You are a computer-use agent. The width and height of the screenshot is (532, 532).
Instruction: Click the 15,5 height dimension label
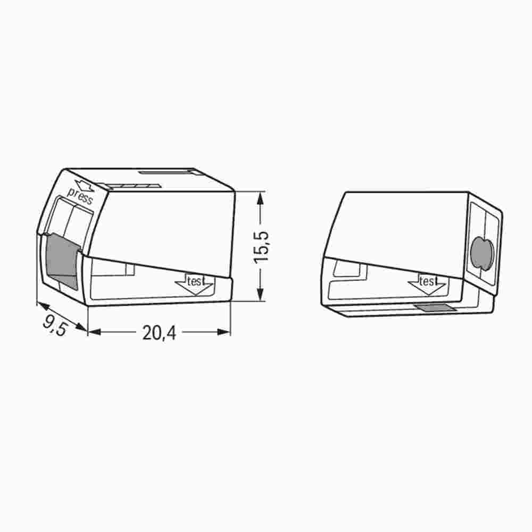coord(261,246)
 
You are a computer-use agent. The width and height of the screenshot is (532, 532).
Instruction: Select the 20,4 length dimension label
coord(159,333)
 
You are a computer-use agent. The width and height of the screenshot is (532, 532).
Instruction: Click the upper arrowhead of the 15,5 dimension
coord(260,198)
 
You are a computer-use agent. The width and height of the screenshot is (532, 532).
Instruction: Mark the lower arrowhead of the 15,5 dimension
coord(260,296)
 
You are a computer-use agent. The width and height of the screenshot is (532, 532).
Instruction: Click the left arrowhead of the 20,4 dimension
coord(94,332)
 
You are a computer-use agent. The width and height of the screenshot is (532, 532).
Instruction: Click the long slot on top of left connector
coord(167,172)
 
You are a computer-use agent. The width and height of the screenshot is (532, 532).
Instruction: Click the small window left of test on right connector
coord(349,270)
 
